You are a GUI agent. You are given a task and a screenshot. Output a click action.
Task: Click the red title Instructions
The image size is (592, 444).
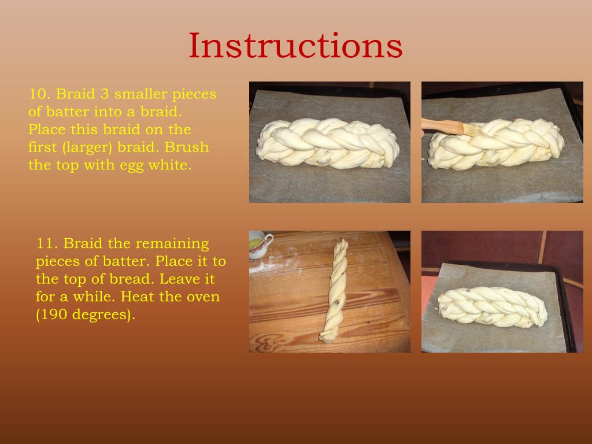[x=295, y=45]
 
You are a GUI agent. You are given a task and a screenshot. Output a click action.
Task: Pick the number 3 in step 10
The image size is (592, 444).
[x=105, y=94]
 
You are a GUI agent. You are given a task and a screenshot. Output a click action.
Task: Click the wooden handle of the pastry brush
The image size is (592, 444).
[x=442, y=126]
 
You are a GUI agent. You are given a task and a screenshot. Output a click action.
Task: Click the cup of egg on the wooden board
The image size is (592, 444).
[x=259, y=245]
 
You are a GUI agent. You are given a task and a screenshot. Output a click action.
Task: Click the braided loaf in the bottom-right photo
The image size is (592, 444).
[x=493, y=306]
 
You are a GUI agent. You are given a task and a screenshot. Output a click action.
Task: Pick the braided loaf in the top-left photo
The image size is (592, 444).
[x=327, y=143]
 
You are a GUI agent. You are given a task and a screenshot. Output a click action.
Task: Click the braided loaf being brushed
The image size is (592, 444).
[x=496, y=143]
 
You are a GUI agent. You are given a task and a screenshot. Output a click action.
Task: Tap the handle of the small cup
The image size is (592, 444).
[x=269, y=240]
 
